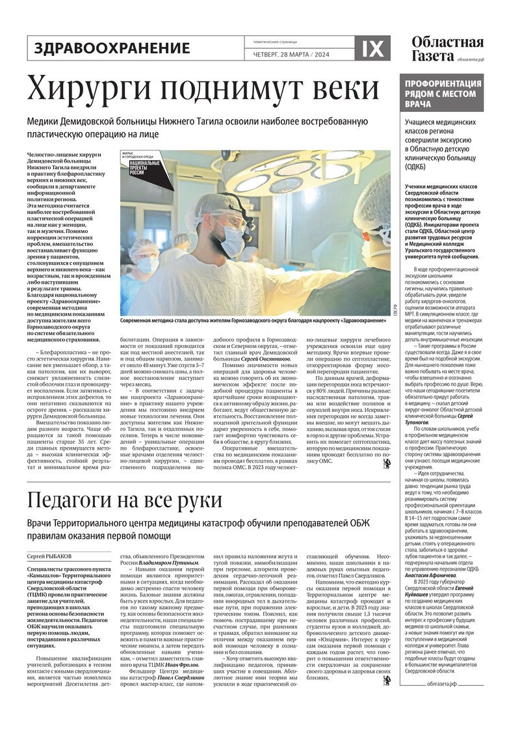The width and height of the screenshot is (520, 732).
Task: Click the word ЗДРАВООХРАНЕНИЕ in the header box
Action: point(112,48)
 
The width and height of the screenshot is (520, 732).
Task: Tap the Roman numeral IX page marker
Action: point(372,48)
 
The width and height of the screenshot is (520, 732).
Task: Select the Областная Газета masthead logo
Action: point(447,48)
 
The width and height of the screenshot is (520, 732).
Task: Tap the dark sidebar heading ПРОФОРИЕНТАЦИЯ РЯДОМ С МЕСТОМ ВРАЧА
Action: point(443,94)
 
